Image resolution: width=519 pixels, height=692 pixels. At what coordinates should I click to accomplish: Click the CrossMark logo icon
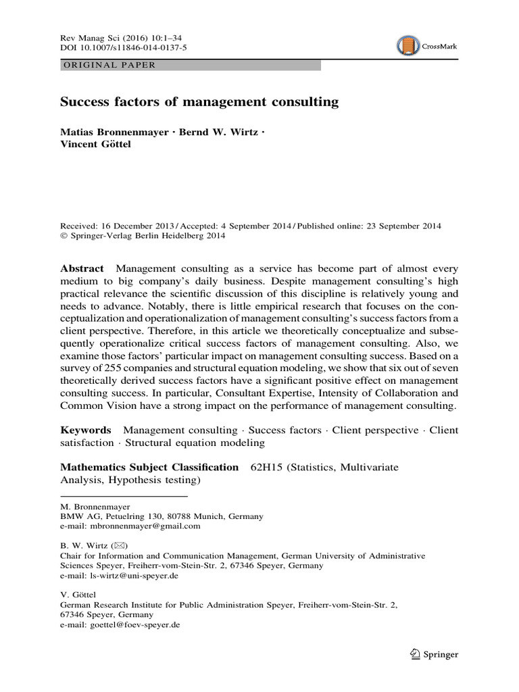(x=408, y=46)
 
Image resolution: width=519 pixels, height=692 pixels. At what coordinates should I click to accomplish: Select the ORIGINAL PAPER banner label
(x=109, y=66)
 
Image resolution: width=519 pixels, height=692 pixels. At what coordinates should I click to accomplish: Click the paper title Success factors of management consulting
(x=199, y=103)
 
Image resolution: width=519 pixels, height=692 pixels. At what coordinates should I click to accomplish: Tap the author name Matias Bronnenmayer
(x=114, y=132)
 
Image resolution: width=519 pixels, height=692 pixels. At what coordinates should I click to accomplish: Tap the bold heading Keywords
(x=86, y=430)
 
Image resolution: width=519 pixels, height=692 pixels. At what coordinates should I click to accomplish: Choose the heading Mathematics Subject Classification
(x=149, y=467)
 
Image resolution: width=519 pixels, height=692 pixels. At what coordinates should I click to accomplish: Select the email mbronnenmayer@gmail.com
(x=143, y=526)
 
